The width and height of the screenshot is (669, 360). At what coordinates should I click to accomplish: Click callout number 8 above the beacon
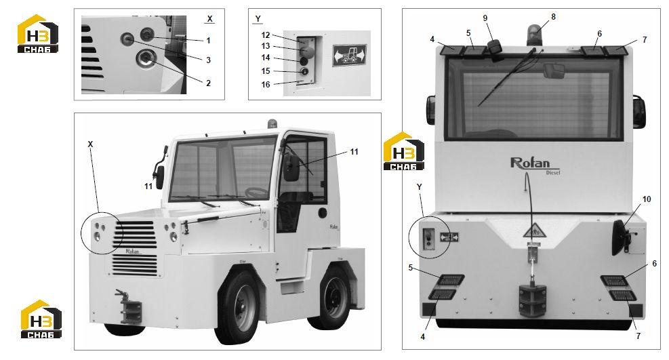tap(553, 17)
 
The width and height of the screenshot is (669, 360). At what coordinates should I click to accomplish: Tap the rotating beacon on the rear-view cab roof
tap(533, 35)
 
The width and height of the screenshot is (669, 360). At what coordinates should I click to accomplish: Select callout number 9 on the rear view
tap(485, 18)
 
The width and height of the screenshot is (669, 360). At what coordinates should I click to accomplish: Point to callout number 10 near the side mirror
tap(647, 199)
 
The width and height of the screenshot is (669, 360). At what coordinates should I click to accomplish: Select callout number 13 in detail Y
tap(266, 46)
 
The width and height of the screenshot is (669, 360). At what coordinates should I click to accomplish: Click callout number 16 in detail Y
tap(266, 85)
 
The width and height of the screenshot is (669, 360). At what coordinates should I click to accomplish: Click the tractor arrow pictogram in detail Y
tap(350, 55)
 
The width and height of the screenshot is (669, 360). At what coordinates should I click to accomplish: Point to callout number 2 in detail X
tap(208, 83)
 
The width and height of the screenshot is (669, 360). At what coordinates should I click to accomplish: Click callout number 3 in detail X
tap(208, 60)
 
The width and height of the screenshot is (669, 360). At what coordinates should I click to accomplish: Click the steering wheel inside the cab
tap(258, 193)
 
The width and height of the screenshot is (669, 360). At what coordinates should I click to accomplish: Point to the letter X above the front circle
tap(90, 145)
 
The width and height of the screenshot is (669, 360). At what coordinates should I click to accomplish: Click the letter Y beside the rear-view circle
tap(419, 187)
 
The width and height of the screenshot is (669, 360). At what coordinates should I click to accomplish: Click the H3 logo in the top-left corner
tap(38, 34)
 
